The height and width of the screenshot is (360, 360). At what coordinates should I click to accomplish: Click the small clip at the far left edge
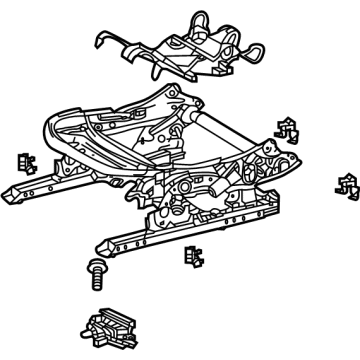click(x=23, y=163)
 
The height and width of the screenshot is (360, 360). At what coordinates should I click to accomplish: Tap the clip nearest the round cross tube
click(x=287, y=127)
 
